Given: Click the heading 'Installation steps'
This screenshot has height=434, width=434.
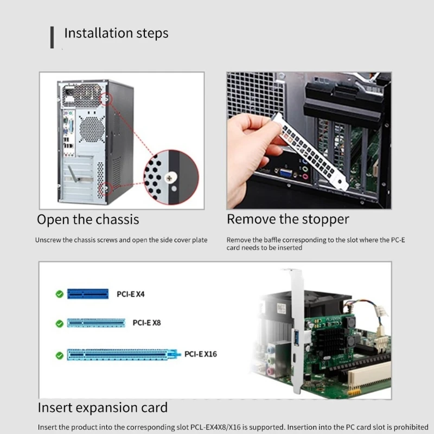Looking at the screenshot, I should [116, 33].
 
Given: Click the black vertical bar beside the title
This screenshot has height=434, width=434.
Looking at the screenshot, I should [52, 37].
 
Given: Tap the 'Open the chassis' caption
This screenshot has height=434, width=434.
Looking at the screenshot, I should [88, 220].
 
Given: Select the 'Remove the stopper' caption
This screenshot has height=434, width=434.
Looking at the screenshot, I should [288, 219].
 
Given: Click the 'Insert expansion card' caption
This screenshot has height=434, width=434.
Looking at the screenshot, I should [103, 407].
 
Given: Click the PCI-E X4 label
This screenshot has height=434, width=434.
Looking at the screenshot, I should [131, 295].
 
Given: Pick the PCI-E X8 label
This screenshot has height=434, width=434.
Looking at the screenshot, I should [146, 323].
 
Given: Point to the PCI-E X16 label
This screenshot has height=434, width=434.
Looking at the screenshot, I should [200, 354].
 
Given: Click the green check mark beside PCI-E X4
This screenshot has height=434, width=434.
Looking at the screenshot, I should [60, 295].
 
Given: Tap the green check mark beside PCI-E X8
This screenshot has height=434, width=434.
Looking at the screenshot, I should [60, 323].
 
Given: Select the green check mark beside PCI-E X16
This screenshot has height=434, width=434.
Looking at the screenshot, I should [60, 355].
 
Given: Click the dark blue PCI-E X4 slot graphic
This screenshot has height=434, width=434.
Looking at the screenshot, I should [87, 294].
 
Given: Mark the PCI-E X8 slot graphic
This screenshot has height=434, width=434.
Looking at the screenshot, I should [96, 323].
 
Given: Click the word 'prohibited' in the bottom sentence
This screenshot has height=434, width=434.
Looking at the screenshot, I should [412, 427].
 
